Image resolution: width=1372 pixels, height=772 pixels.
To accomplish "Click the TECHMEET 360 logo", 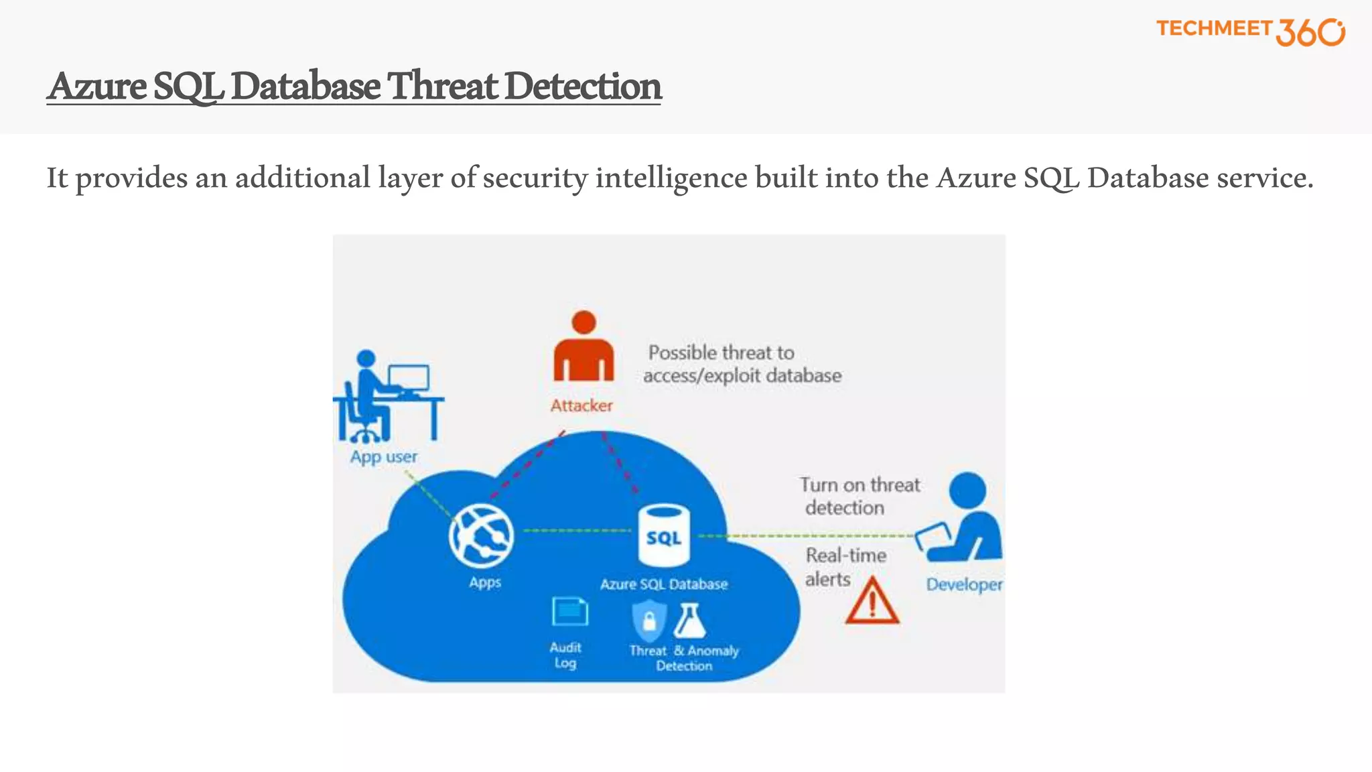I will click(x=1250, y=31).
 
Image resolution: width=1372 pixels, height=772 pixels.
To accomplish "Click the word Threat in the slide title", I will click(x=443, y=86).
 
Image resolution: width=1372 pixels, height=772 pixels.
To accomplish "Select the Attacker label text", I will click(x=581, y=405).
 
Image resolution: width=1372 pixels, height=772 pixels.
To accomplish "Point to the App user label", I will click(x=383, y=457).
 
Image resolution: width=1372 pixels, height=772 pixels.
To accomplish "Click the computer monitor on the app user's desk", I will click(x=409, y=378).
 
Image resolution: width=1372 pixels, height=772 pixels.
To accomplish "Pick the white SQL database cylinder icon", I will click(x=664, y=535).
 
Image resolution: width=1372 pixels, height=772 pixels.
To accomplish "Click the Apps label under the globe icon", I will click(x=485, y=582).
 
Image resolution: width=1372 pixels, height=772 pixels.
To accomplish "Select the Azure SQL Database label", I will click(x=664, y=584).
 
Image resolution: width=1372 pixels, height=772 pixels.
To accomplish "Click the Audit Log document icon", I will click(x=569, y=612).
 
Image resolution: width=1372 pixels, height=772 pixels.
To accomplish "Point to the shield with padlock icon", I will click(x=649, y=620).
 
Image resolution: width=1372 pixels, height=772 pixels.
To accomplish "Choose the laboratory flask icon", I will click(x=690, y=621).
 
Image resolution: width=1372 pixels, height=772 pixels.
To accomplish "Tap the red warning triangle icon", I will click(x=872, y=602).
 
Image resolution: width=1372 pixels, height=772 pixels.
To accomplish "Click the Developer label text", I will click(x=964, y=584).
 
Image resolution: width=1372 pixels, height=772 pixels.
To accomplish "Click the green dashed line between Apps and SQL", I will click(x=577, y=531).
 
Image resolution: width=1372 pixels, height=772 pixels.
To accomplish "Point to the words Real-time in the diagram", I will click(x=845, y=556).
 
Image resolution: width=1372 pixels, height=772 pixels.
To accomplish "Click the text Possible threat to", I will click(x=721, y=352).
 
